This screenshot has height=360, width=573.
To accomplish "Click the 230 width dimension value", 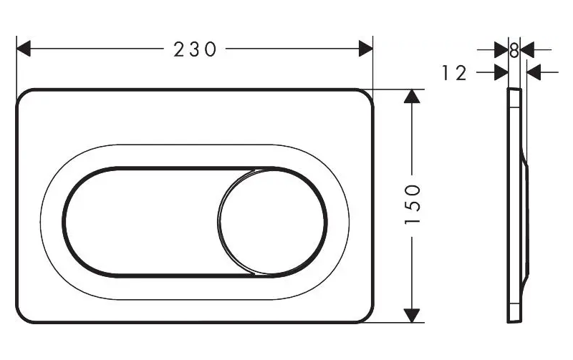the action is point(195,49).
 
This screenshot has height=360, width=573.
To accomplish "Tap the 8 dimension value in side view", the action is point(514,50).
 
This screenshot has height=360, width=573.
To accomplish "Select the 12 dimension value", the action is point(454,73).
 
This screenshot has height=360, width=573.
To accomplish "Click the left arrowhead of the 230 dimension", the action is point(24,49).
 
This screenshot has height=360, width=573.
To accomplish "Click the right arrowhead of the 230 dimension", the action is point(366,49).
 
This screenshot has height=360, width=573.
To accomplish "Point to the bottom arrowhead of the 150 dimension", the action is point(413,316).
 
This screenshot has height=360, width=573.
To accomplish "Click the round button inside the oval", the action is point(271,222).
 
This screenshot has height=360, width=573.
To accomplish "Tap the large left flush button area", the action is point(143,222).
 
